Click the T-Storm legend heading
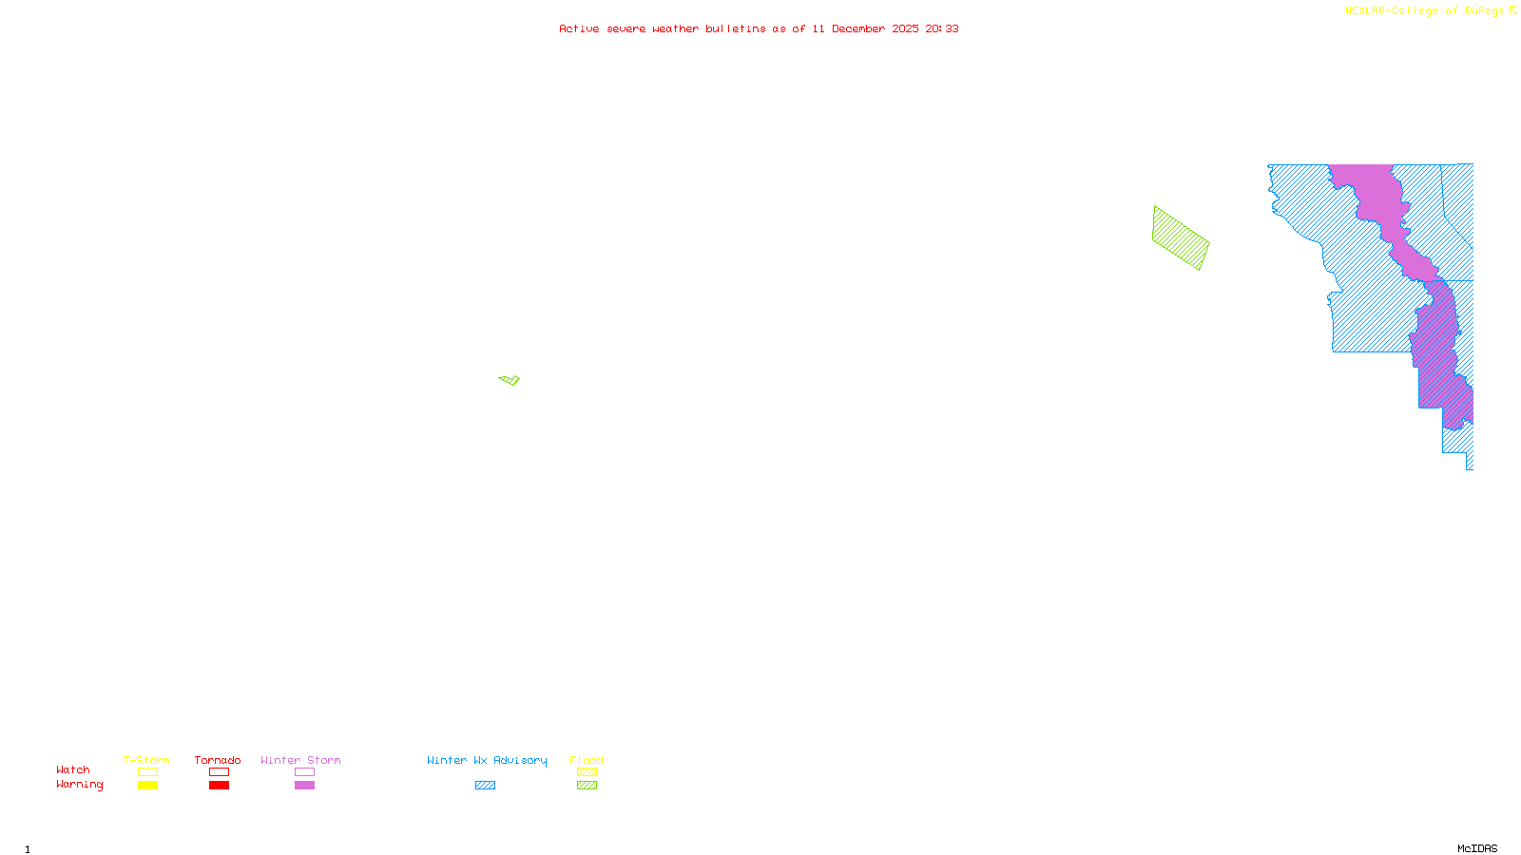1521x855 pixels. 146,760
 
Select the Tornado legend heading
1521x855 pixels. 218,760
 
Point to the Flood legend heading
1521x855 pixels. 587,760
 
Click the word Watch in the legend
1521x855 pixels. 73,769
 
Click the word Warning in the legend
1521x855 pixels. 79,785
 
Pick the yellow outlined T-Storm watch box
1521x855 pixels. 147,772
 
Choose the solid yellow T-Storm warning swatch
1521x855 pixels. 147,786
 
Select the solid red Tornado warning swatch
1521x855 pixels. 220,786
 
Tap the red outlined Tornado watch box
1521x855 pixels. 220,772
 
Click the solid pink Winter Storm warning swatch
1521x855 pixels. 304,786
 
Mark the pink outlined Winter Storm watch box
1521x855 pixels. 304,772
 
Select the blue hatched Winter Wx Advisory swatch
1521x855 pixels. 485,786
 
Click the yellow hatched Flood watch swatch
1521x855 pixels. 587,772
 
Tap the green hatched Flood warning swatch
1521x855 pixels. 587,786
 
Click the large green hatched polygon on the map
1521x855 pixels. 1181,238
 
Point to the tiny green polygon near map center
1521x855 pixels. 510,380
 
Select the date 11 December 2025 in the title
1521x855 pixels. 865,28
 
